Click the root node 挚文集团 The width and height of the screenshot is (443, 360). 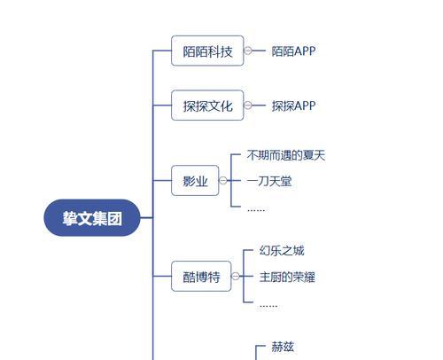tap(92, 218)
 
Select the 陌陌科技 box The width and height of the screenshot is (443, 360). tap(207, 51)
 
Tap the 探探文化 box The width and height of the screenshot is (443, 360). tap(207, 106)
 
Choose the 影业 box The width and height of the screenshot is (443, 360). tap(195, 181)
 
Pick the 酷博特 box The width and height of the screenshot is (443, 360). tap(201, 277)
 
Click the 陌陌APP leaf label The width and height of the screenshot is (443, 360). tap(293, 51)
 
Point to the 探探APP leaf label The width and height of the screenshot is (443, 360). tap(293, 106)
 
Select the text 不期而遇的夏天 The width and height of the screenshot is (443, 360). tap(286, 155)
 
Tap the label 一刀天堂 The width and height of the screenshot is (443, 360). tap(269, 181)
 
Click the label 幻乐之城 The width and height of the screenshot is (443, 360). tap(282, 251)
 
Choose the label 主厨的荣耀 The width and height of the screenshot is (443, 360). tap(287, 277)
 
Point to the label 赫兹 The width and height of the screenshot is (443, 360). tap(283, 347)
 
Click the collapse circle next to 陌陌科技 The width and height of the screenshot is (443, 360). tap(248, 51)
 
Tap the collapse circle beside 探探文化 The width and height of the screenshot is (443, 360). tap(248, 106)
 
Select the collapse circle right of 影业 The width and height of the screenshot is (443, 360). tap(223, 180)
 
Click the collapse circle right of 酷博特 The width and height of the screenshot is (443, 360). tap(236, 277)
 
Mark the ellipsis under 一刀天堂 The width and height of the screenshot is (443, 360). tap(256, 210)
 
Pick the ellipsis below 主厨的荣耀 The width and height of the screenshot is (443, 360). tap(268, 306)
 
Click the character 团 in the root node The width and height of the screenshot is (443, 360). tap(114, 218)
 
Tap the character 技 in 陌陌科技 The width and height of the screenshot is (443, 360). tap(226, 51)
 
